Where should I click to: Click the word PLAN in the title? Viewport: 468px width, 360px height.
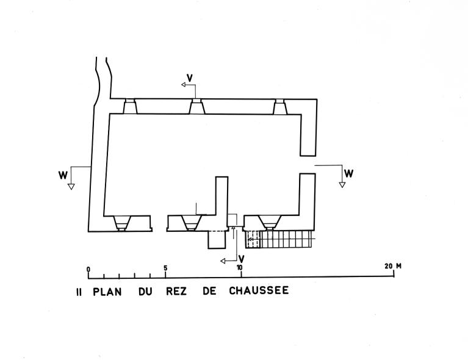click(x=107, y=291)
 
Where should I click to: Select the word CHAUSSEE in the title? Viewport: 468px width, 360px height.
click(x=259, y=291)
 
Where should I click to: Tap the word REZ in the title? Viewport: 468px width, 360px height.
click(x=176, y=291)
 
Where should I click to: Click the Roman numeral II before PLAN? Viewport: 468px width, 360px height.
click(x=78, y=291)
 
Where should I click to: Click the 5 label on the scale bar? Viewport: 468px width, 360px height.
click(x=165, y=267)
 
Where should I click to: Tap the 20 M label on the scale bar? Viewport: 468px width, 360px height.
click(x=393, y=266)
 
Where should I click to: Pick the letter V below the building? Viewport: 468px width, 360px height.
click(x=241, y=257)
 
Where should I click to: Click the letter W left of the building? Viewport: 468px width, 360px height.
click(x=63, y=175)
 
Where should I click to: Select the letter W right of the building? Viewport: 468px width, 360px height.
click(x=348, y=173)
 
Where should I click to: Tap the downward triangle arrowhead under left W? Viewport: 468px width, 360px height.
click(x=71, y=187)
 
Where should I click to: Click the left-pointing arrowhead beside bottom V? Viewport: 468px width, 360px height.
click(x=224, y=261)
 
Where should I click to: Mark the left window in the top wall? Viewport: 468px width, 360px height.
click(x=130, y=107)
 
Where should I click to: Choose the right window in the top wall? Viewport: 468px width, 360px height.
click(x=280, y=107)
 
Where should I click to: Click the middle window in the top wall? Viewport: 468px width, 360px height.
click(x=196, y=107)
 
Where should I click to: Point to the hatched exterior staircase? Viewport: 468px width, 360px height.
click(x=280, y=239)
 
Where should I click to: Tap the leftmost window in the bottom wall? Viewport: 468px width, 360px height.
click(x=121, y=223)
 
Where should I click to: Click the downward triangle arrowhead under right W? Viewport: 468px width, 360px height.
click(x=342, y=184)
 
